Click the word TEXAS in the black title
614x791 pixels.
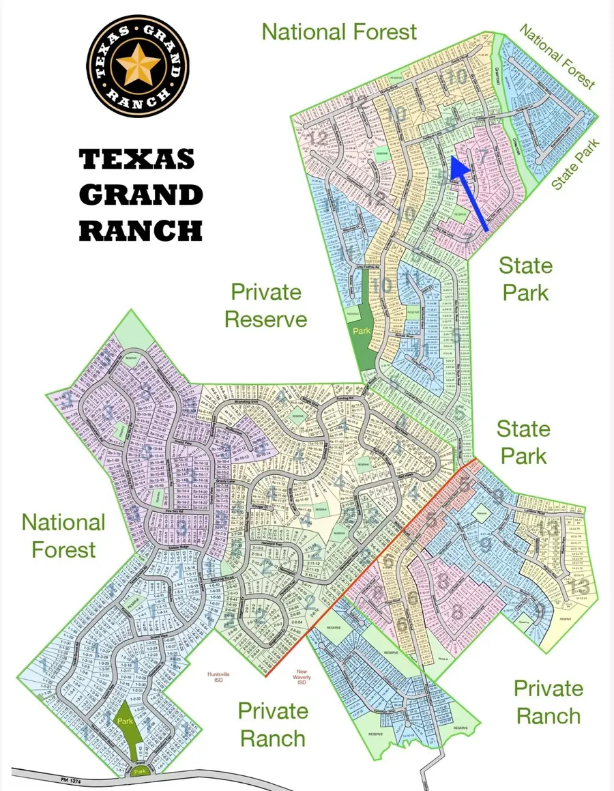[x=137, y=160]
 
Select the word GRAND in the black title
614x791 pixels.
[x=141, y=196]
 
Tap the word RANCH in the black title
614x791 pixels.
[x=141, y=231]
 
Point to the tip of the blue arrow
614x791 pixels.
[x=453, y=160]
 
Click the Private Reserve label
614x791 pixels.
[x=265, y=305]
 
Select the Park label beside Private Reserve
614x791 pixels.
[x=362, y=329]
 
